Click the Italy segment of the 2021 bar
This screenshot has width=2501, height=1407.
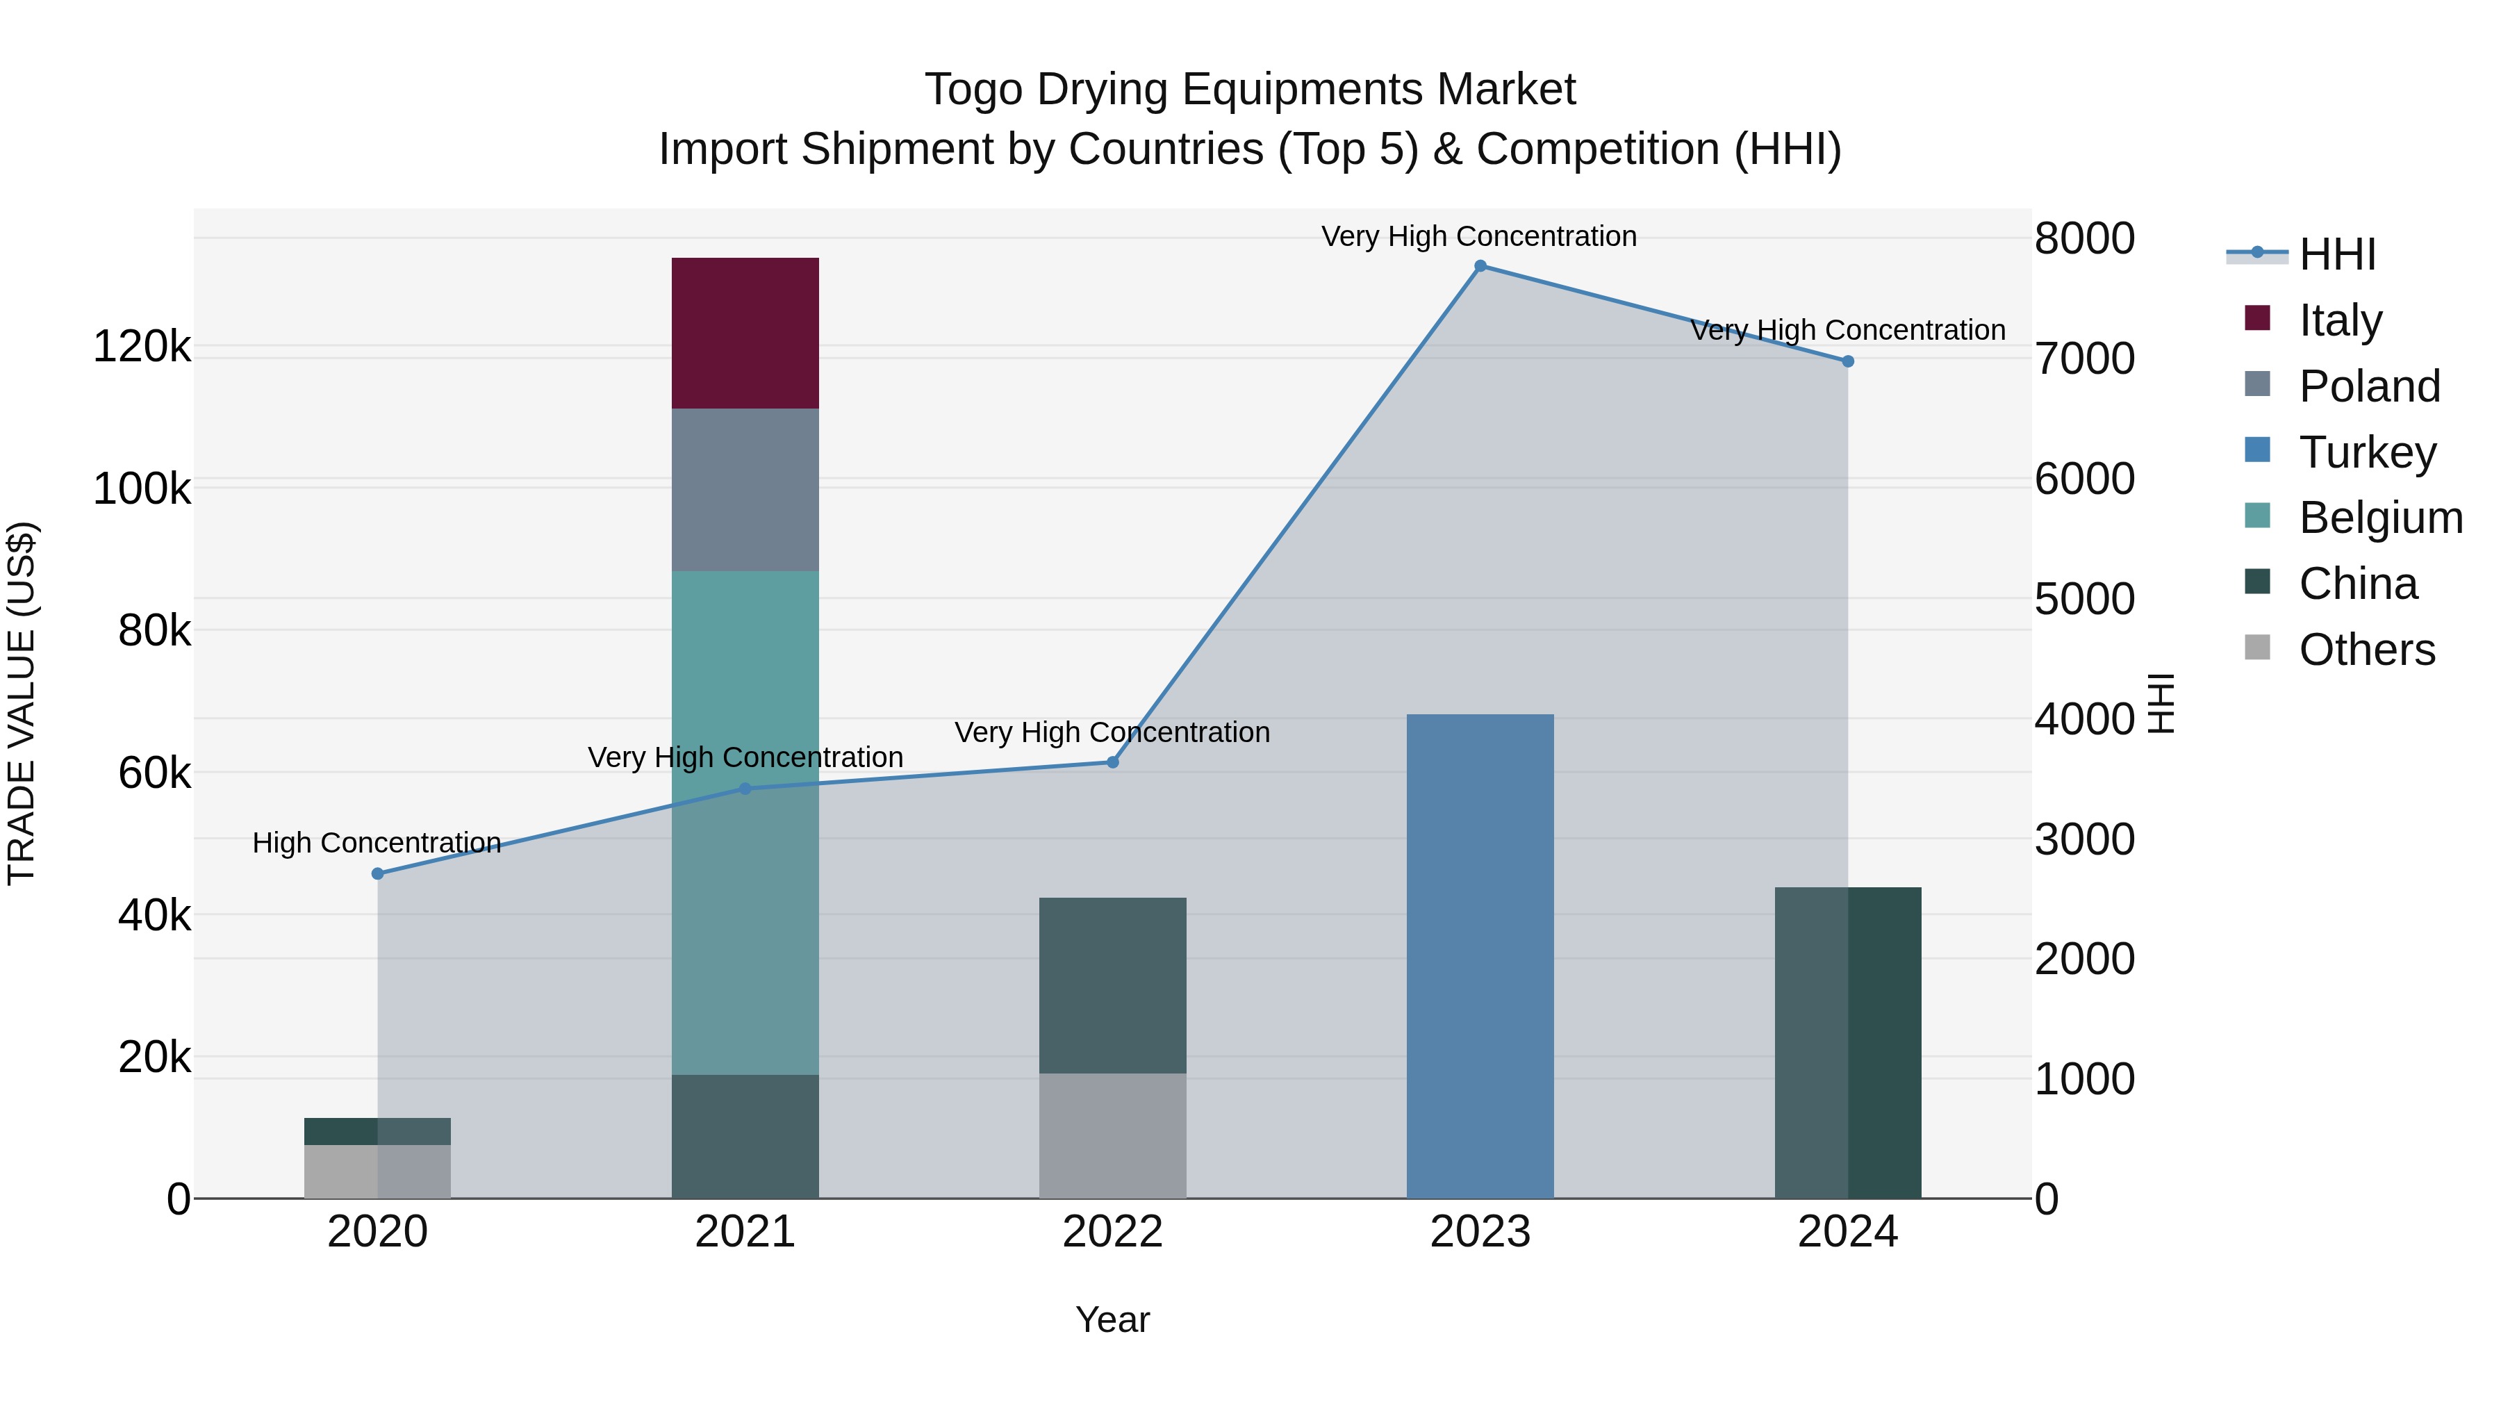745,333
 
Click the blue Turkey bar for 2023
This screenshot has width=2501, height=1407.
1480,957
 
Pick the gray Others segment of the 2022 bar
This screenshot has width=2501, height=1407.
1113,1135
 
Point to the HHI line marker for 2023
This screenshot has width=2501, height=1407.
1480,266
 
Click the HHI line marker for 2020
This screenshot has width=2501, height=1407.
378,874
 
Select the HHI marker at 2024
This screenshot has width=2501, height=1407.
1847,361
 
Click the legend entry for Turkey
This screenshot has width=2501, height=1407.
2367,452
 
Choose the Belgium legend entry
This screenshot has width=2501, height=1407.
2379,518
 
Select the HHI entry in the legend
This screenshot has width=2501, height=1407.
2336,254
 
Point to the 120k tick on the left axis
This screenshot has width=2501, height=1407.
142,347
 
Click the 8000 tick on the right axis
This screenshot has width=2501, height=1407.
2084,239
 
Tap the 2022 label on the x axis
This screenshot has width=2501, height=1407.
1113,1232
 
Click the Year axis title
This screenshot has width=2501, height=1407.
1113,1319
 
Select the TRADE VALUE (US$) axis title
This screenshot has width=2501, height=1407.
22,703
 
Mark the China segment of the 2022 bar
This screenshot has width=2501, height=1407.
1113,985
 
